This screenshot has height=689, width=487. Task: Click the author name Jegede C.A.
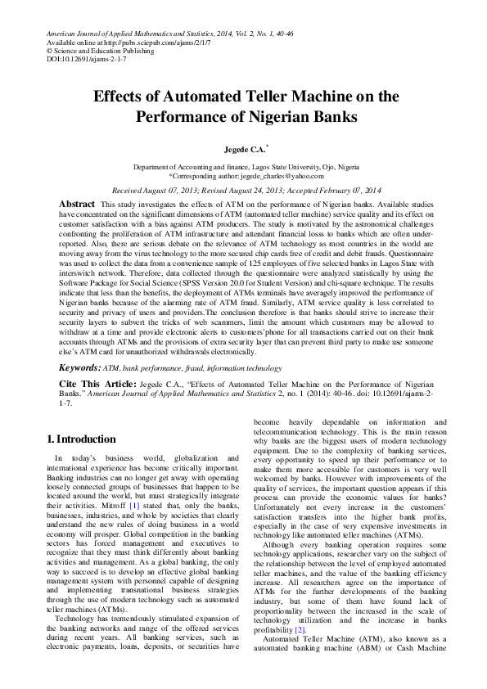[241, 151]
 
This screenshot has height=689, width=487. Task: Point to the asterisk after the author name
[268, 148]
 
